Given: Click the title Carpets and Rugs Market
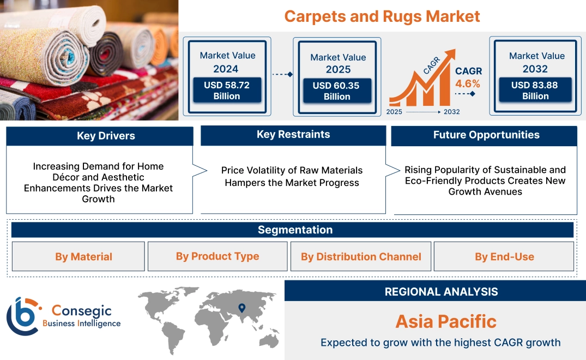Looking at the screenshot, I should [x=382, y=16].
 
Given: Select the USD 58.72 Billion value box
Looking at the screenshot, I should [x=227, y=91].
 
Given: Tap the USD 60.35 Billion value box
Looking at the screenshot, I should [x=337, y=91].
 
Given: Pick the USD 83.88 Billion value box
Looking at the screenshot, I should [x=535, y=91].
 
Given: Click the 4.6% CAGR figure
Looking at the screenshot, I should [x=468, y=83].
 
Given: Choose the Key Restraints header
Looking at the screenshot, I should [x=293, y=135].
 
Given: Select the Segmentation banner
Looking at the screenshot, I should [x=295, y=230].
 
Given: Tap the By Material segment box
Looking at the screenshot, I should [x=83, y=256].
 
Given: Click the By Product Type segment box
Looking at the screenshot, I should [x=218, y=256].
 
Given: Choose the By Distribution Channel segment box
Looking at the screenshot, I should [x=361, y=256].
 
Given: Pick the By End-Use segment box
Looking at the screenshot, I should [x=504, y=256].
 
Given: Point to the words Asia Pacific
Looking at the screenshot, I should [x=446, y=321].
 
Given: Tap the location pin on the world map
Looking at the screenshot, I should [x=242, y=308].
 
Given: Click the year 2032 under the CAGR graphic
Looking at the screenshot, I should [x=451, y=112].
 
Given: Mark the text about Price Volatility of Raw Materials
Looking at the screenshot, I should [x=292, y=176].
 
